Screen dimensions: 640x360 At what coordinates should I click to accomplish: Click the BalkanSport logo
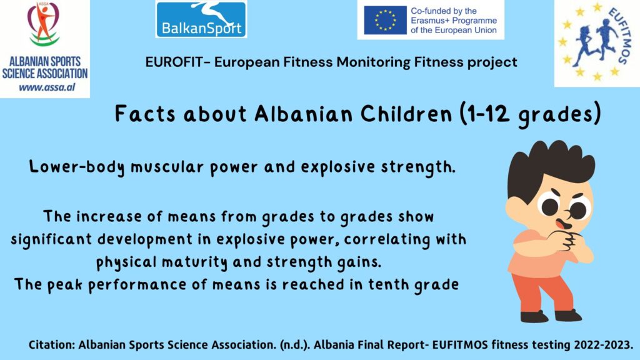click(x=201, y=19)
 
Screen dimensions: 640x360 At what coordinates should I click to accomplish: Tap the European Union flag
click(x=385, y=20)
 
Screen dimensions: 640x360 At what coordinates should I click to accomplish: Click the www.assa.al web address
click(x=47, y=87)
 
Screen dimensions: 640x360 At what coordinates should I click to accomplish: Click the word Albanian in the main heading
click(x=304, y=114)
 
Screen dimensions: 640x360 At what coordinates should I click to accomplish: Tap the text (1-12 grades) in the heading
click(x=530, y=114)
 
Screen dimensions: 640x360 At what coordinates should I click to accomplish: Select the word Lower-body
click(x=77, y=167)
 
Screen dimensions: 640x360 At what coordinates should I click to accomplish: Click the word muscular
click(x=166, y=167)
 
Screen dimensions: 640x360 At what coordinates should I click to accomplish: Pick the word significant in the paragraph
click(x=51, y=239)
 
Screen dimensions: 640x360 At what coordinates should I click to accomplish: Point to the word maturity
click(x=194, y=262)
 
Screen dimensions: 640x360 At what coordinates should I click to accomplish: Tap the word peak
click(x=64, y=285)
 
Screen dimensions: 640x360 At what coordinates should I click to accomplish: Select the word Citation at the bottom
click(x=52, y=345)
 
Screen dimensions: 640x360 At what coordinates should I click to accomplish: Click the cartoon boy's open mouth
click(x=563, y=224)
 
